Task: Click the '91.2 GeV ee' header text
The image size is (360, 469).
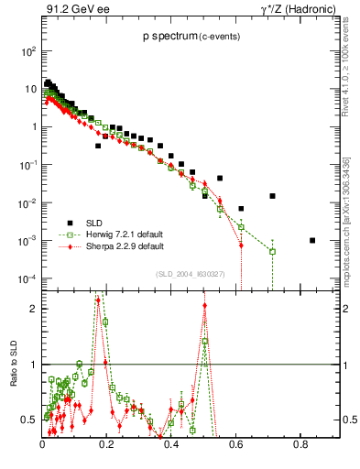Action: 72,11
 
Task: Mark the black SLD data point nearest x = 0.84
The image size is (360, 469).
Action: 312,241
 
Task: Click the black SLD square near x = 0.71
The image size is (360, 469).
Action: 272,196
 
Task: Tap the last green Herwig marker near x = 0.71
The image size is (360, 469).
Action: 272,251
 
